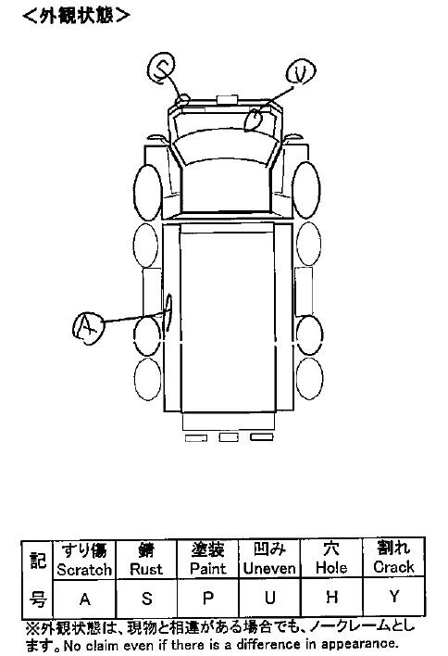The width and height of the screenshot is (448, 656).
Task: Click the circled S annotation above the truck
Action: (x=162, y=68)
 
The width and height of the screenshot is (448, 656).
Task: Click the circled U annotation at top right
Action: (x=301, y=73)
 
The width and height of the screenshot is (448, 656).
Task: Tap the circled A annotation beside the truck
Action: (x=88, y=328)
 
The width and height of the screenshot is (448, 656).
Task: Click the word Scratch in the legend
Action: (x=84, y=570)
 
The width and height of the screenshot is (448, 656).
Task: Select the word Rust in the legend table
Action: (x=146, y=569)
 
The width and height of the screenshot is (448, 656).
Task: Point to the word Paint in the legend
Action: (x=207, y=569)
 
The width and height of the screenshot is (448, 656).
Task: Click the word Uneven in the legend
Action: (x=269, y=568)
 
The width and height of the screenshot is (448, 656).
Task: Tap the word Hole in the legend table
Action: (x=331, y=568)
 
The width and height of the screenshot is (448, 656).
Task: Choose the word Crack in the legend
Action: (x=393, y=567)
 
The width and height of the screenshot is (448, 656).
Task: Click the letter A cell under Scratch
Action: (x=85, y=599)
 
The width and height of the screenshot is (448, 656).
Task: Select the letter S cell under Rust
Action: (x=146, y=599)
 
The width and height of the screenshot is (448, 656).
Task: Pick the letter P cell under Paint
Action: (x=207, y=599)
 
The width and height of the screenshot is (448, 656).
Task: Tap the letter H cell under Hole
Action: (x=331, y=597)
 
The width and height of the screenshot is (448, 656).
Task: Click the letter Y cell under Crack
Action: (x=394, y=596)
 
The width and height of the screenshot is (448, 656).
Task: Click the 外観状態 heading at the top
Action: (x=76, y=16)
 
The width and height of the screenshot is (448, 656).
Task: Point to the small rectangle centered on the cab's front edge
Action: (x=227, y=99)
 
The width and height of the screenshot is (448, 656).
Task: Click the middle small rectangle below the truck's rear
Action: (x=229, y=437)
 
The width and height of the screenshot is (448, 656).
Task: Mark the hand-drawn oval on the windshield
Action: (x=254, y=120)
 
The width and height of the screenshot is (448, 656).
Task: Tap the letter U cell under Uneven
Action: (x=270, y=598)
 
